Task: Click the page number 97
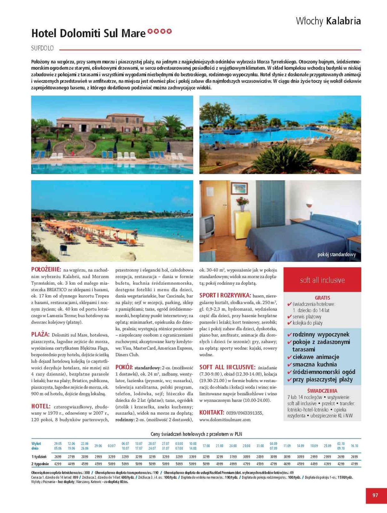(375, 495)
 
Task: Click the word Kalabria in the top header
(343, 21)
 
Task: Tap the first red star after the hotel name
(150, 31)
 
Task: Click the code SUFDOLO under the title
(42, 48)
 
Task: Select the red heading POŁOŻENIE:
(46, 269)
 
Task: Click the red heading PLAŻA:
(40, 334)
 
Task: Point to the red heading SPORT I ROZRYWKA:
(225, 295)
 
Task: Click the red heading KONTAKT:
(211, 412)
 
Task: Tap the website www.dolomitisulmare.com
(225, 419)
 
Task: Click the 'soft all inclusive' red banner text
(322, 280)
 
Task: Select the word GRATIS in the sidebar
(322, 298)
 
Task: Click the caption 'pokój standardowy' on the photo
(336, 255)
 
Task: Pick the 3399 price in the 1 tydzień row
(193, 457)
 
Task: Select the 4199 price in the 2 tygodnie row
(354, 464)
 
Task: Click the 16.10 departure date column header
(354, 446)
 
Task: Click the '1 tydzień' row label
(39, 457)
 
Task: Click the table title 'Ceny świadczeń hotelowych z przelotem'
(196, 434)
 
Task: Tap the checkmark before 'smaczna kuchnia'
(289, 365)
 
